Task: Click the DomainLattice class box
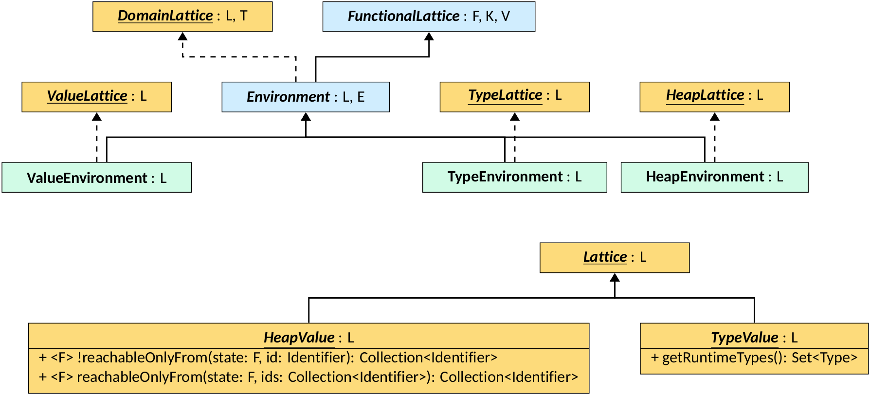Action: pyautogui.click(x=182, y=17)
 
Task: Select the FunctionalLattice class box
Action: pyautogui.click(x=429, y=17)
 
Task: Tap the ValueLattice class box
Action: pyautogui.click(x=96, y=97)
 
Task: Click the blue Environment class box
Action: pyautogui.click(x=306, y=97)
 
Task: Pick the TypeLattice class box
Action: pyautogui.click(x=514, y=97)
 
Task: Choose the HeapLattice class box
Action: pyautogui.click(x=714, y=97)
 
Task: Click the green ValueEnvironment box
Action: pyautogui.click(x=96, y=178)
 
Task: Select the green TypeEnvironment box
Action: pyautogui.click(x=514, y=177)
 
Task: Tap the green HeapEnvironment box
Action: pyautogui.click(x=714, y=177)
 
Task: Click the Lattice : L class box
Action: pyautogui.click(x=615, y=257)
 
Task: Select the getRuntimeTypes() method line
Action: pyautogui.click(x=754, y=358)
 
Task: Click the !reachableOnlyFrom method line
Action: pyautogui.click(x=268, y=358)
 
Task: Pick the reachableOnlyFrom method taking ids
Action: pyautogui.click(x=308, y=377)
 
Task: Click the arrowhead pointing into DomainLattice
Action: pyautogui.click(x=182, y=36)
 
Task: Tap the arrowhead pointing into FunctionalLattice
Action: pyautogui.click(x=429, y=36)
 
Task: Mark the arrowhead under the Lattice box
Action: pyautogui.click(x=615, y=278)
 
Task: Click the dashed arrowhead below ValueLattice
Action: pyautogui.click(x=97, y=117)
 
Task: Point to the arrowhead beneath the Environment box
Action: pyautogui.click(x=306, y=117)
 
